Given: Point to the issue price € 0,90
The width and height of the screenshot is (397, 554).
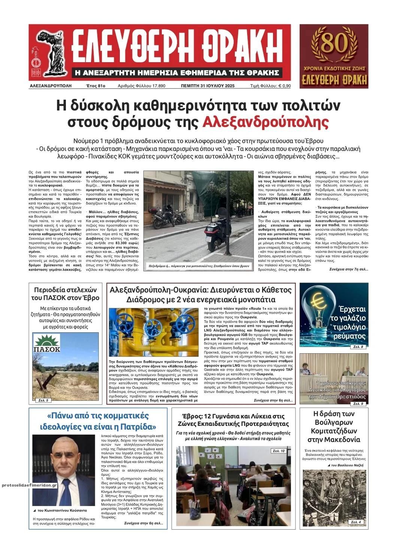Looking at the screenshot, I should pyautogui.click(x=283, y=86).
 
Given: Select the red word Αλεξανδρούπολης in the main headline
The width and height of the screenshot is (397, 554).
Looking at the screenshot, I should pyautogui.click(x=266, y=122).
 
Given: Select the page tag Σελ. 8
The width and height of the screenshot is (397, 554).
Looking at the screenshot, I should pyautogui.click(x=358, y=347).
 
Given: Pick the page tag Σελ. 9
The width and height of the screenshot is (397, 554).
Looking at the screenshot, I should pyautogui.click(x=358, y=403).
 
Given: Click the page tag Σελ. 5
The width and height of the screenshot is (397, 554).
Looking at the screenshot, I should pyautogui.click(x=43, y=400).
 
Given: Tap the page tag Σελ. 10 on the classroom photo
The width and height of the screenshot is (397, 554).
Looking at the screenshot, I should pyautogui.click(x=279, y=451).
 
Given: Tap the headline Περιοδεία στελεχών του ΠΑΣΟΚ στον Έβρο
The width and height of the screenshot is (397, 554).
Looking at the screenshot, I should pyautogui.click(x=66, y=294).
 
